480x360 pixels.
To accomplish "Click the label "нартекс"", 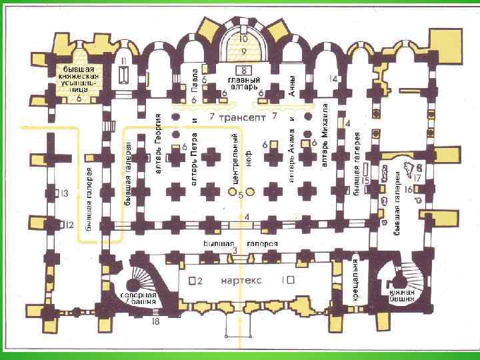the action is coord(243,280).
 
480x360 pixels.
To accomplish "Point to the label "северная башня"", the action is coord(139,298).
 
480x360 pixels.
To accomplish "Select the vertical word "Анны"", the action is coord(293,85).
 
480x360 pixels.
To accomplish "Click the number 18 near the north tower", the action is coord(155,323).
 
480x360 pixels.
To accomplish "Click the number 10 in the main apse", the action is coord(244,39).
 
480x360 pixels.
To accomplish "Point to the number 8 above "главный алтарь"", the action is coord(245,70).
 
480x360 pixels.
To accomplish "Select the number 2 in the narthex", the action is coord(199,280).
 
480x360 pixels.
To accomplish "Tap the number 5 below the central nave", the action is coord(241,195).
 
